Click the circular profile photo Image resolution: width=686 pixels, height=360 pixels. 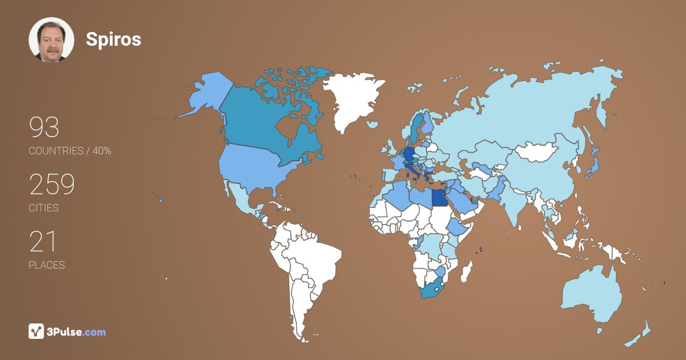51,39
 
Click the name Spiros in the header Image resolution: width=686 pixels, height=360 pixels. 113,39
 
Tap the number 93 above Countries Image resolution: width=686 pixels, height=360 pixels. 44,127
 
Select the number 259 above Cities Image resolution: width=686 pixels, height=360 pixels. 52,185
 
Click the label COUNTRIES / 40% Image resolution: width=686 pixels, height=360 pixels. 70,151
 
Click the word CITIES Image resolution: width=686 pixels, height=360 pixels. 43,208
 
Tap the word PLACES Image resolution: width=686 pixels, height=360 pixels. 46,265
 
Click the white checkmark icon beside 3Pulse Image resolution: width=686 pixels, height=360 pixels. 36,331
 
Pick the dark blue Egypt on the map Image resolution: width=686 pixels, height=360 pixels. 438,198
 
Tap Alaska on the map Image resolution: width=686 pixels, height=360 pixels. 206,94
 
